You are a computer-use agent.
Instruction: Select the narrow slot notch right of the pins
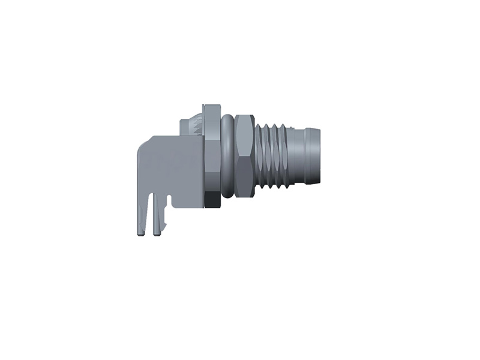[169, 202]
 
